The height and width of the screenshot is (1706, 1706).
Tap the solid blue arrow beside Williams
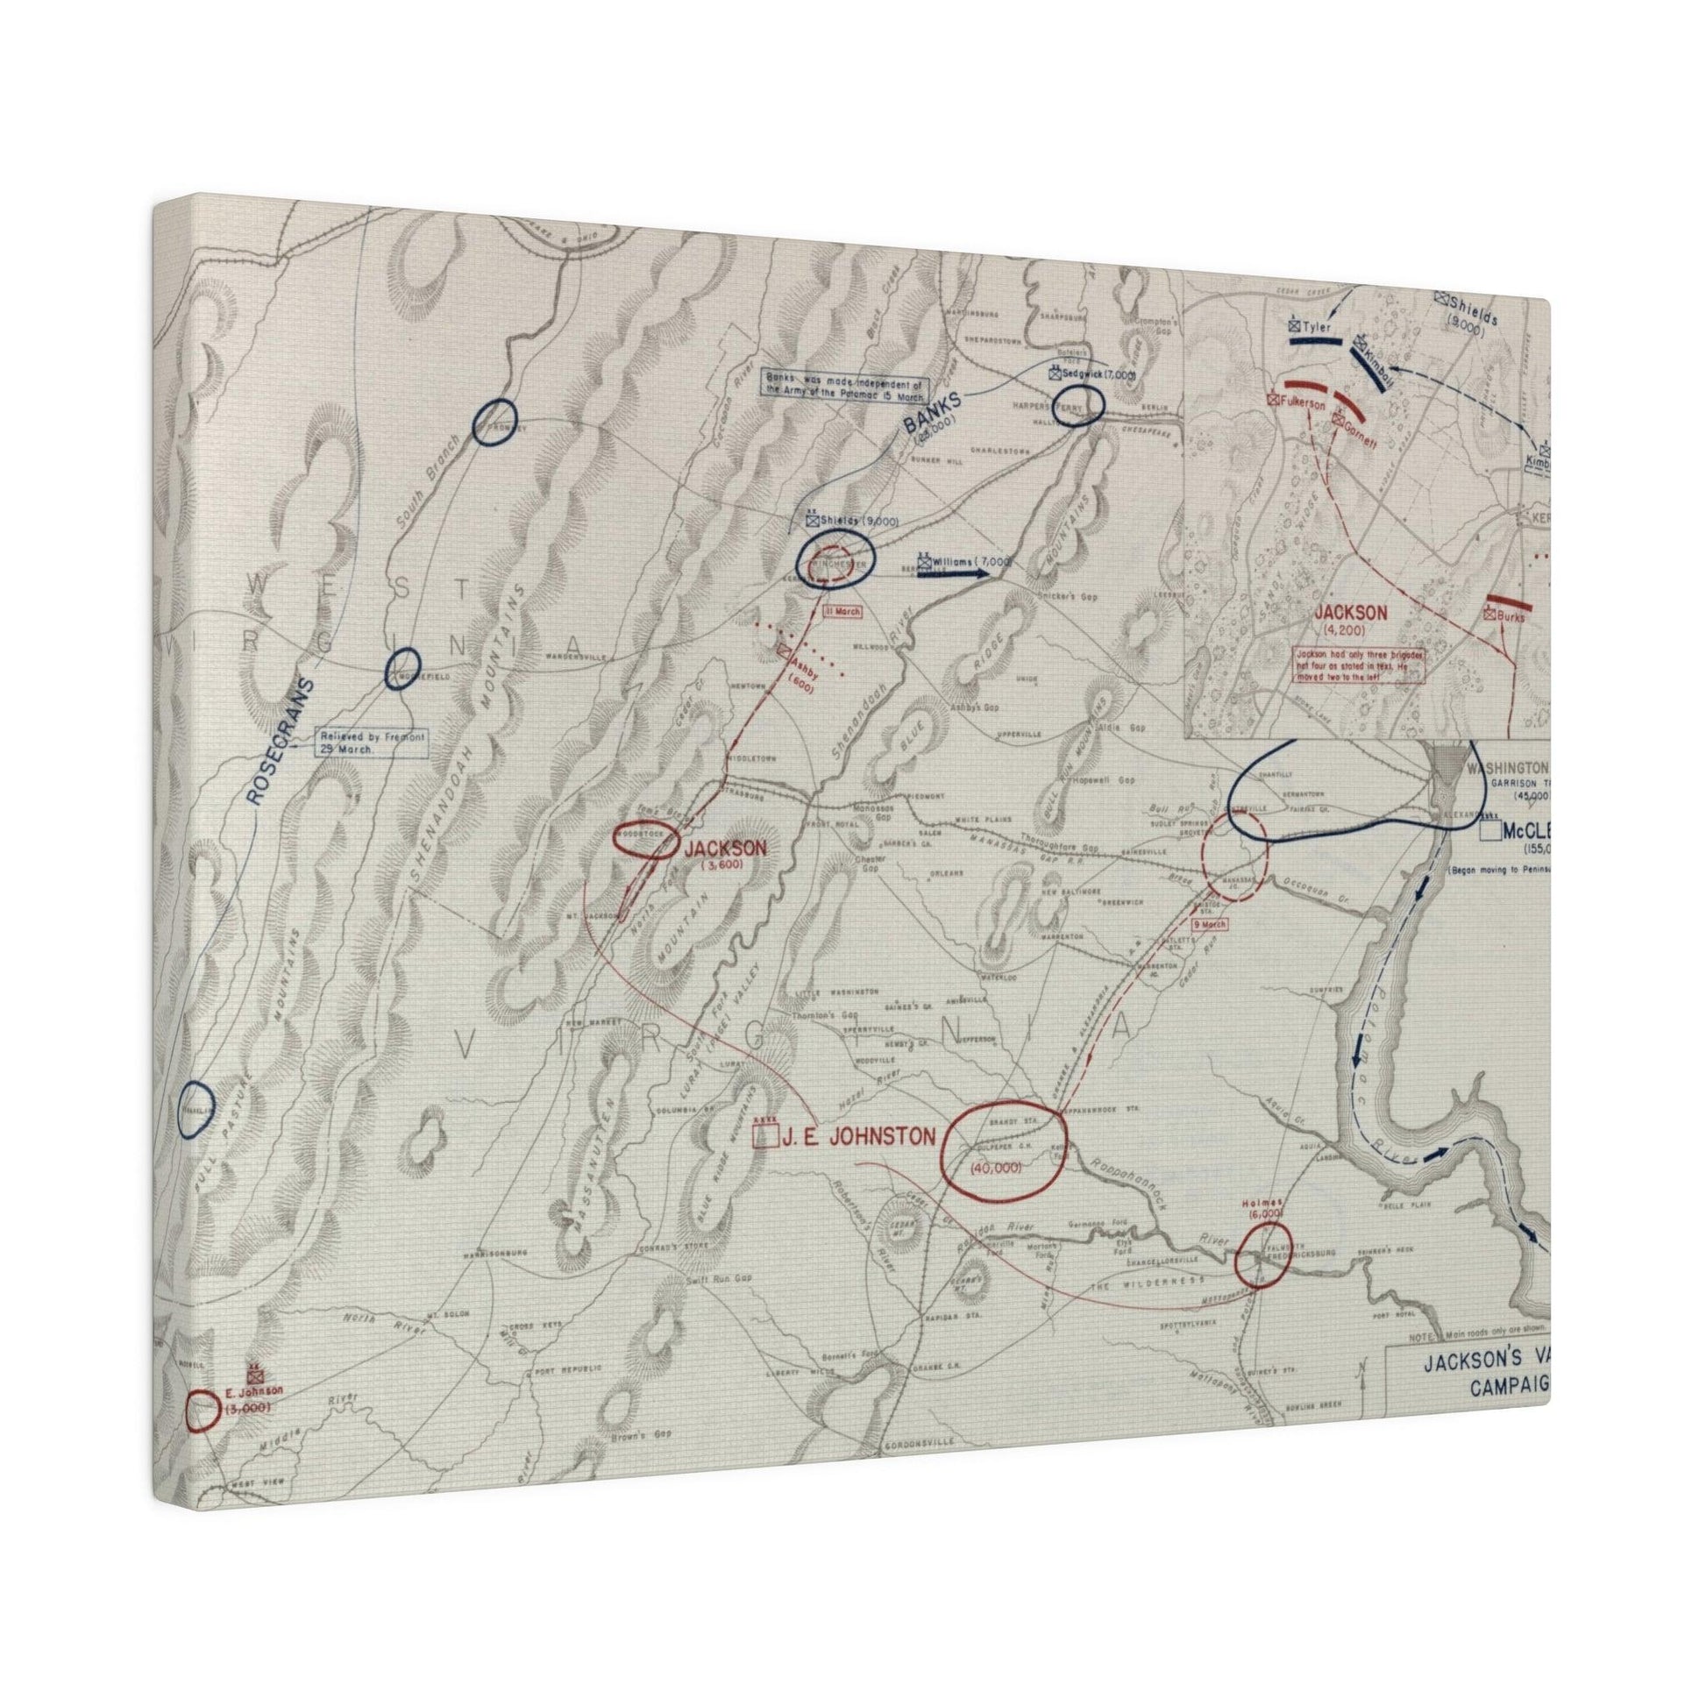pyautogui.click(x=953, y=572)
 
